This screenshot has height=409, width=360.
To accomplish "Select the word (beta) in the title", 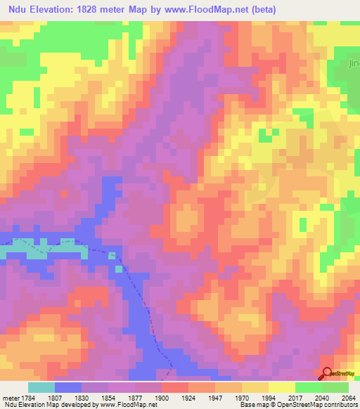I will (x=262, y=10).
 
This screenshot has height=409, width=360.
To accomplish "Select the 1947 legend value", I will (x=208, y=397).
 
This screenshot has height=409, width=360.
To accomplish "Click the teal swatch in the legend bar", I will (x=41, y=387).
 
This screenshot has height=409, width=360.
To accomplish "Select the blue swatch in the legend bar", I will (x=68, y=387).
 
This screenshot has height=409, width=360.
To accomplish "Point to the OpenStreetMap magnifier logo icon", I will (x=326, y=375).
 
